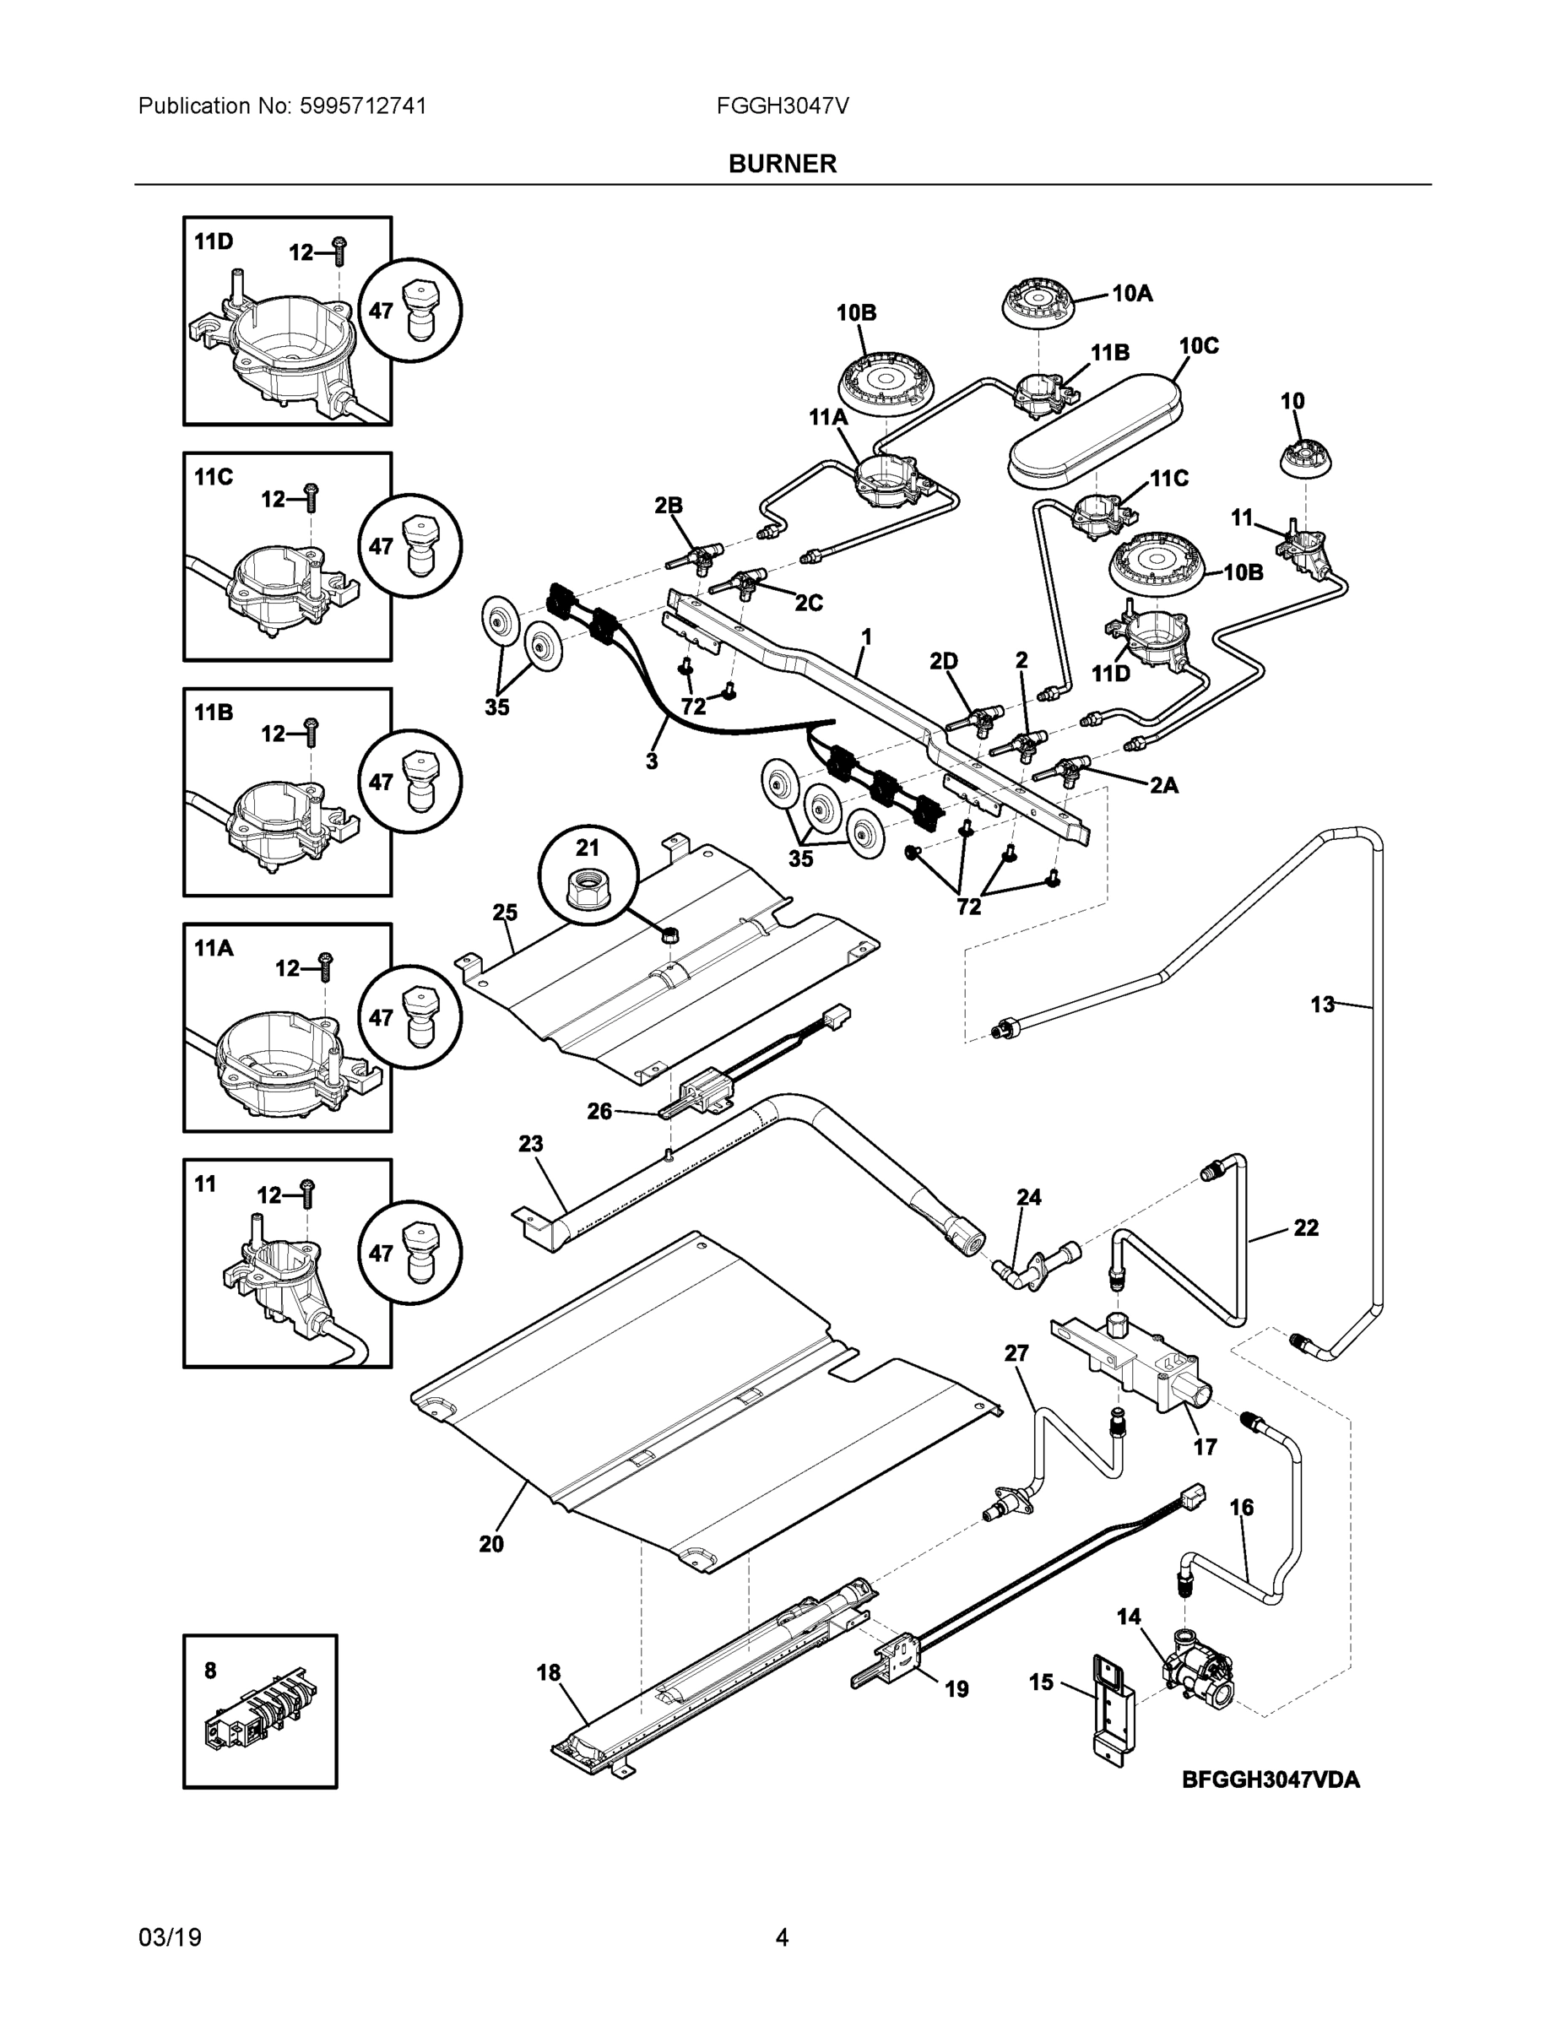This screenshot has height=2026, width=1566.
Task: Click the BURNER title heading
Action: [782, 165]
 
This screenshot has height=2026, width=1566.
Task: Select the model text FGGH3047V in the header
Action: [782, 106]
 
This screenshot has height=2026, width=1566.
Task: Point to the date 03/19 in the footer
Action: [170, 1938]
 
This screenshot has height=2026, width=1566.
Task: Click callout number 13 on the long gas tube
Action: [1322, 1004]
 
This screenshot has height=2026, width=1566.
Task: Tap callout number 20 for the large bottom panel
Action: [491, 1544]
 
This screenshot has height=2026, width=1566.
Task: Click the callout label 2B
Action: [668, 506]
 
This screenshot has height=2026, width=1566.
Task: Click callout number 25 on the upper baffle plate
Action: [505, 913]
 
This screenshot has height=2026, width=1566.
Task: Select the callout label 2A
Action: [1163, 786]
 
